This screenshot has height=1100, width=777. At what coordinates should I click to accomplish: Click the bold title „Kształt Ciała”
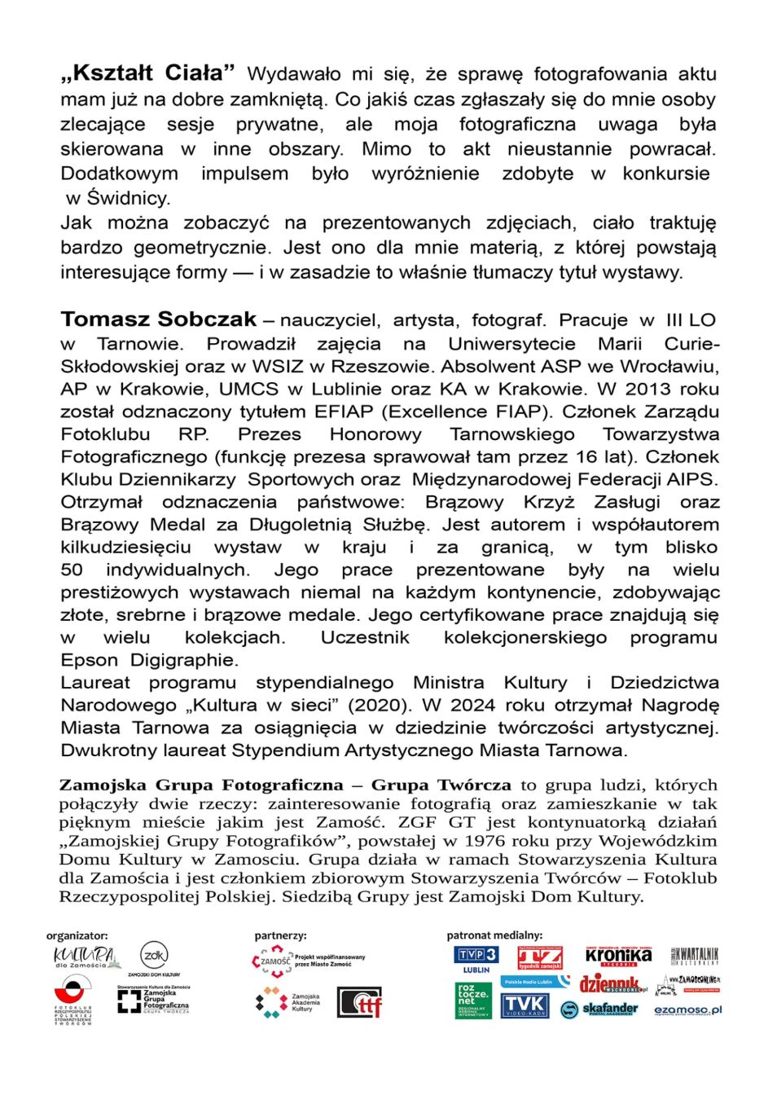(147, 73)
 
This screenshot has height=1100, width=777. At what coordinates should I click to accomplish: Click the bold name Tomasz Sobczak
(158, 319)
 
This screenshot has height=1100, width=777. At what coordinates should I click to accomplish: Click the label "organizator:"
(77, 935)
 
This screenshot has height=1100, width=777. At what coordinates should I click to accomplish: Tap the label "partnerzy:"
(280, 935)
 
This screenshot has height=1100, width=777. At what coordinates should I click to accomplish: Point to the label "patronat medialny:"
(494, 935)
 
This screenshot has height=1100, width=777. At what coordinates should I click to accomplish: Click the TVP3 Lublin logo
(476, 958)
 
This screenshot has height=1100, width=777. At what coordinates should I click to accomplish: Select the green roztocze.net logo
(473, 1001)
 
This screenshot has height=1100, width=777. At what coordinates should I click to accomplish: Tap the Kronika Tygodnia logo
(618, 955)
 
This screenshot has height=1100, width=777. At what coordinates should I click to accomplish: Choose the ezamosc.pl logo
(687, 1010)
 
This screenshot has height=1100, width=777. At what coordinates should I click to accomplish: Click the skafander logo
(599, 1010)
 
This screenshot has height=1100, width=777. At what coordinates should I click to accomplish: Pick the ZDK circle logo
(154, 955)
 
